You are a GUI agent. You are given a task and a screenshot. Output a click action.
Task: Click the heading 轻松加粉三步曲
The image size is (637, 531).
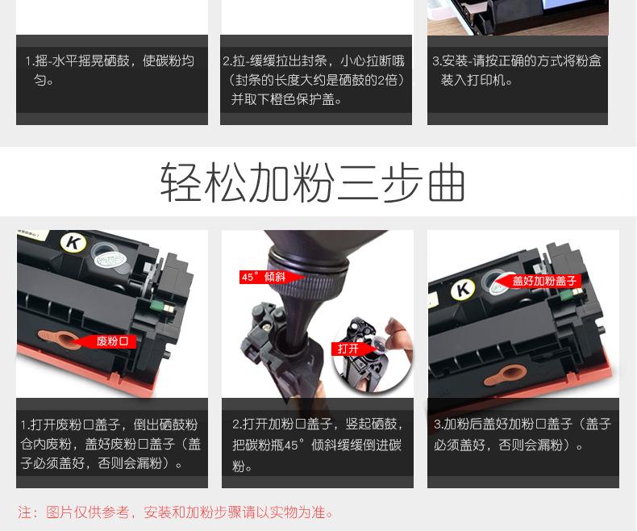coord(313,182)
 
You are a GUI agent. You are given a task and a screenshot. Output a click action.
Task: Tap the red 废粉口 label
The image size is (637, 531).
coord(111,341)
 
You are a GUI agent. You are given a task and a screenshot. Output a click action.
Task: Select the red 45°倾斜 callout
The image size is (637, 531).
coord(264,277)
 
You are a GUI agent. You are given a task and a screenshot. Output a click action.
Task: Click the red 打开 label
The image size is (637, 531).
coord(348,349)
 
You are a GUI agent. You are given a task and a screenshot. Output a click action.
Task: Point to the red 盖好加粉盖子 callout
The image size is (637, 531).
coord(544,281)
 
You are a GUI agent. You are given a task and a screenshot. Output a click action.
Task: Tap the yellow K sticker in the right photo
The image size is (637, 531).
coord(463,290)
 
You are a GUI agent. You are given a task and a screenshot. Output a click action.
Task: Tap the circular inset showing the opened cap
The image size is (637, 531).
coord(371,355)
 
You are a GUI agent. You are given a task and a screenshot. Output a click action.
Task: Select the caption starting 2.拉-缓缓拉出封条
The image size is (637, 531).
coord(315,80)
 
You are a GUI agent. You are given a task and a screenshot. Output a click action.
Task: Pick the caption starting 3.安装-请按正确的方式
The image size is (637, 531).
coord(517,70)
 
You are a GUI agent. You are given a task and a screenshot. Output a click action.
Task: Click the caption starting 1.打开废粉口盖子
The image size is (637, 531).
coord(111,443)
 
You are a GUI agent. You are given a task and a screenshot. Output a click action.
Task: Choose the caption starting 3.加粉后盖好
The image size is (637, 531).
coord(523,434)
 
